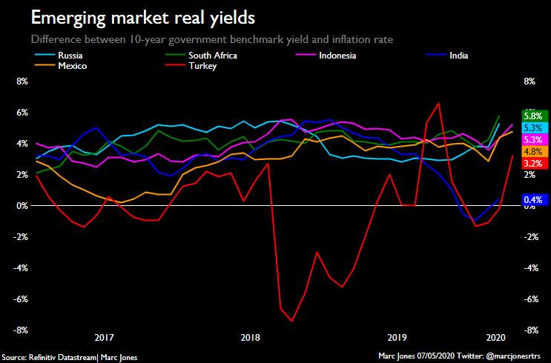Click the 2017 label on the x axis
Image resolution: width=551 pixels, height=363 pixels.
click(x=104, y=337)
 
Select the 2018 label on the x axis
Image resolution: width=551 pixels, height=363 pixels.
click(x=251, y=337)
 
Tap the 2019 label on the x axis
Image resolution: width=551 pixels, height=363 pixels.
click(x=398, y=337)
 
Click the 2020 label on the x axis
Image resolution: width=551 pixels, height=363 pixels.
click(x=495, y=337)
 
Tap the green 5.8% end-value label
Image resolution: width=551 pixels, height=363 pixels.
click(x=532, y=116)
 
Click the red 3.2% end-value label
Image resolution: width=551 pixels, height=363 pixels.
click(x=532, y=163)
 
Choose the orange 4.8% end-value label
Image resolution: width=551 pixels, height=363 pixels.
click(x=532, y=151)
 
